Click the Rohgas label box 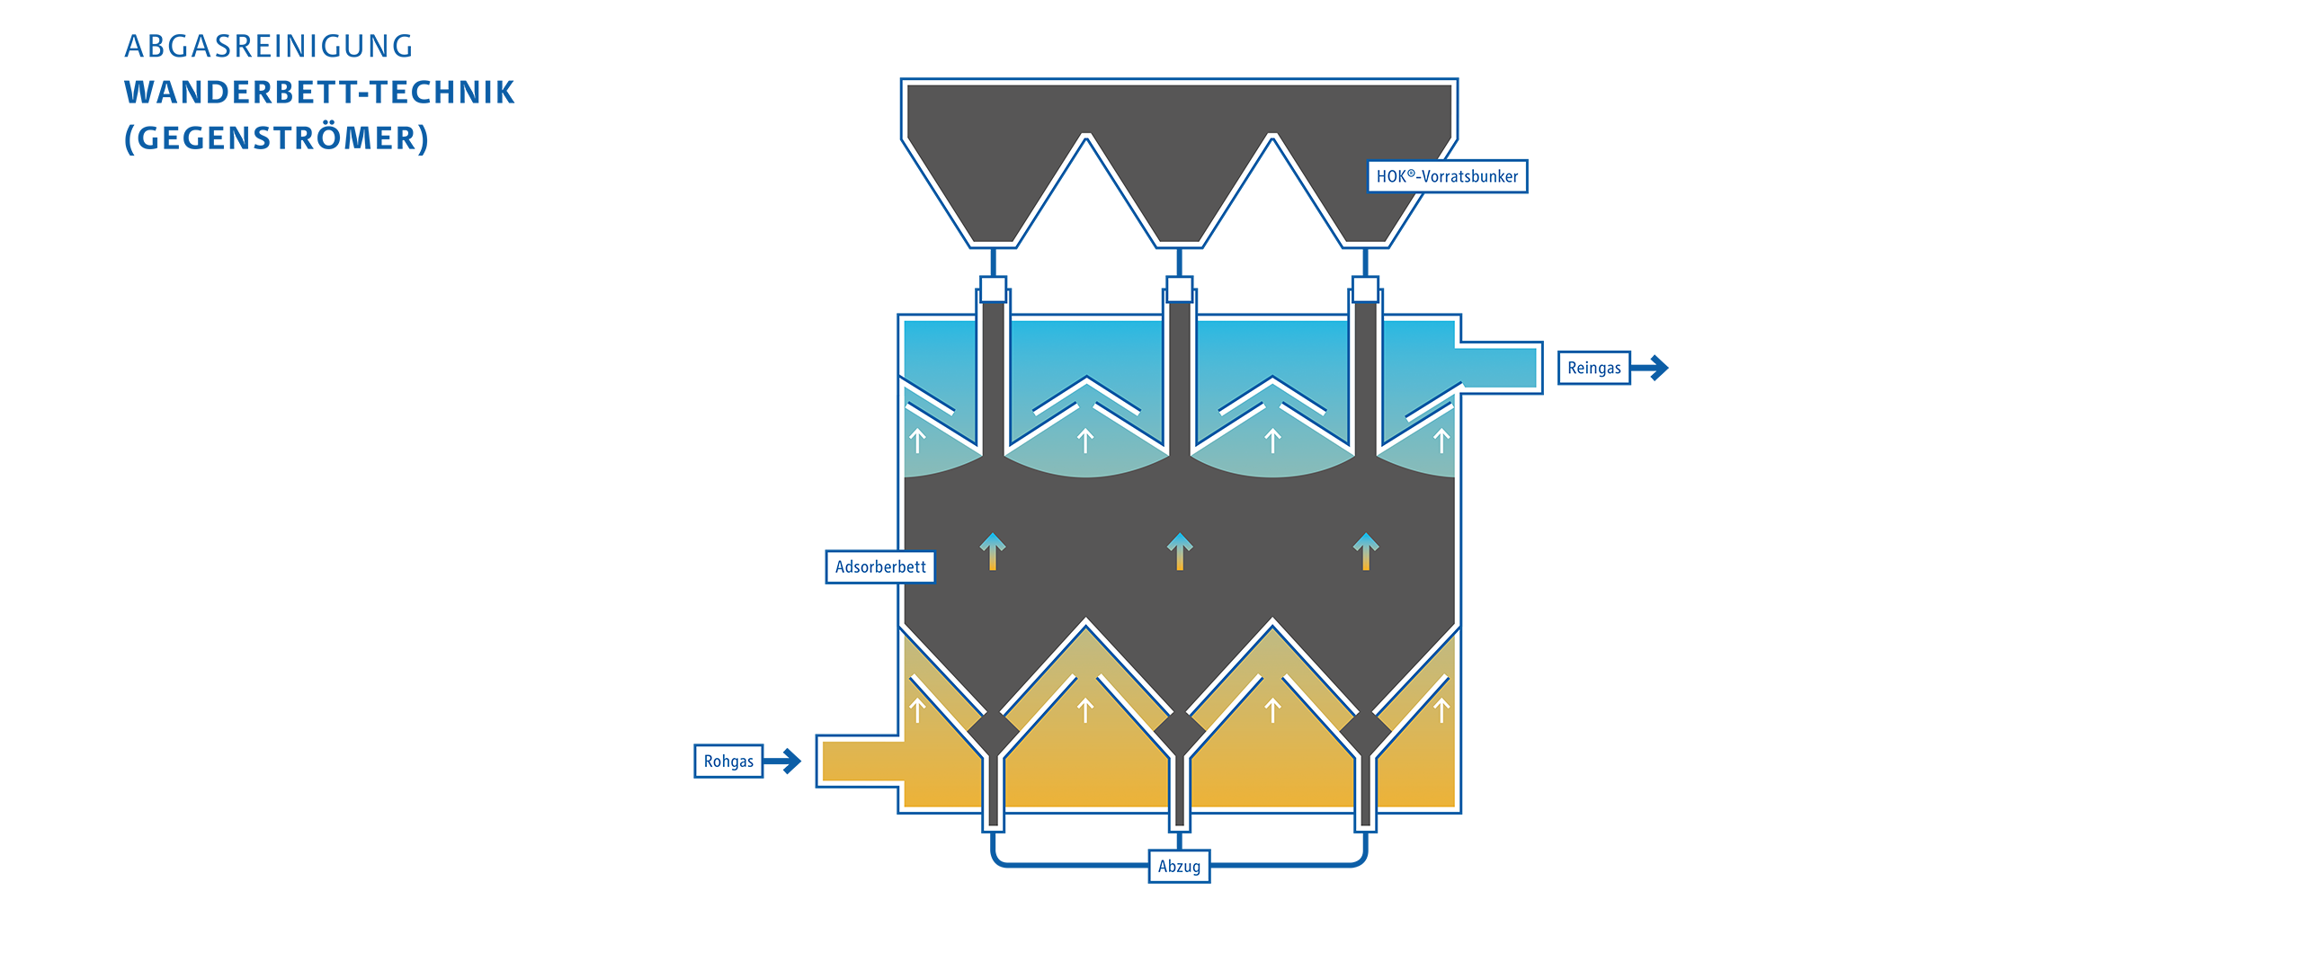click(x=728, y=761)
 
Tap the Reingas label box click(x=1593, y=368)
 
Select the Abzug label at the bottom click(x=1179, y=866)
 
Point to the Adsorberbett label click(x=880, y=566)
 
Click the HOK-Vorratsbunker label click(x=1447, y=176)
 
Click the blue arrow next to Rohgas click(x=782, y=761)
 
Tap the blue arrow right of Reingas click(x=1650, y=368)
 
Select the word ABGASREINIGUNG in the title click(x=269, y=46)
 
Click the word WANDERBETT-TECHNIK click(x=319, y=92)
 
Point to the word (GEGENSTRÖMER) click(x=277, y=138)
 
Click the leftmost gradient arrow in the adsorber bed click(x=993, y=551)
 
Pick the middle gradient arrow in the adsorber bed click(x=1180, y=551)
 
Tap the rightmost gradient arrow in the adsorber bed click(x=1366, y=551)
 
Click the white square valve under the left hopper click(x=993, y=289)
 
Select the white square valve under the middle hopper click(x=1179, y=289)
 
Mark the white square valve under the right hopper click(x=1365, y=289)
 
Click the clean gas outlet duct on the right click(x=1499, y=368)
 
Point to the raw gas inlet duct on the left click(x=860, y=761)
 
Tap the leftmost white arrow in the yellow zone click(x=917, y=710)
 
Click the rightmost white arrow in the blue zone click(x=1441, y=440)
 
